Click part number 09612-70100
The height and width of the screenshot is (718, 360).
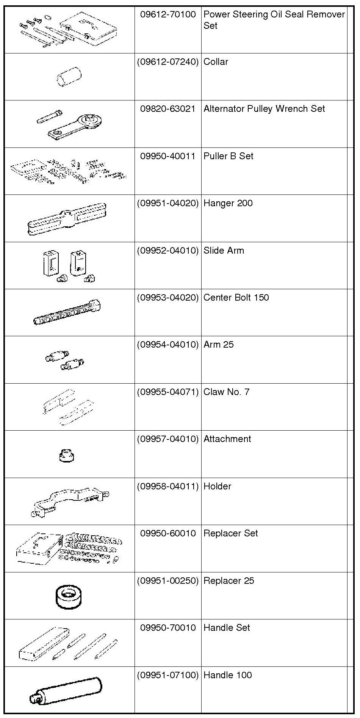[x=168, y=14]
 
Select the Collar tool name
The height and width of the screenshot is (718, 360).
[x=216, y=62]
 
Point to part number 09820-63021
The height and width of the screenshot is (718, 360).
[x=168, y=109]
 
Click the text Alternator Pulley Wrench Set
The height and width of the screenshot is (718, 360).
[x=264, y=109]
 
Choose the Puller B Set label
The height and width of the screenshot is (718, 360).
[x=228, y=156]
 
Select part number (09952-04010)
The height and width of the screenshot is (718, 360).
[x=168, y=251]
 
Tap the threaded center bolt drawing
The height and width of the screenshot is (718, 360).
[x=67, y=312]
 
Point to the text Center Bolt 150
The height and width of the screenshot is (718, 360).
[x=236, y=298]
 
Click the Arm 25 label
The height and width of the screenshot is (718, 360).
[x=219, y=345]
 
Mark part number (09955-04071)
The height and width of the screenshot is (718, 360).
[x=168, y=392]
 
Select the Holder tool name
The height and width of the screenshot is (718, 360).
[x=217, y=486]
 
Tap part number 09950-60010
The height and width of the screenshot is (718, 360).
[x=168, y=533]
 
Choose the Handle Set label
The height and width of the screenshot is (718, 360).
[x=227, y=628]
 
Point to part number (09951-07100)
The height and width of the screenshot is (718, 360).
[x=168, y=675]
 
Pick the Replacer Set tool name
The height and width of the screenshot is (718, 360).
[x=230, y=533]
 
